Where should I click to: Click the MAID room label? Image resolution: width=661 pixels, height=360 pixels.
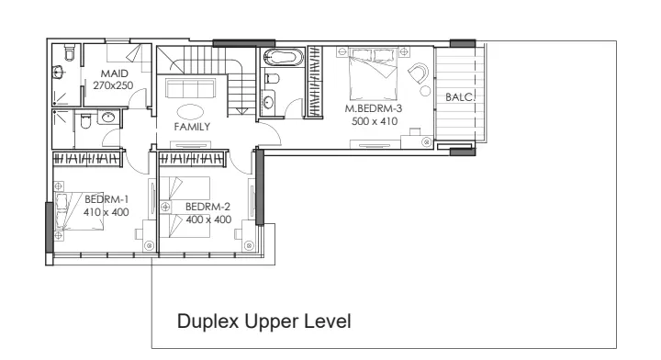point(114,73)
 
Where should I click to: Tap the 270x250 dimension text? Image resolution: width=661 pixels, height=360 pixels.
point(113,85)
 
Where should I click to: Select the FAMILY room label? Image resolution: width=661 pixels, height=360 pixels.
point(192,127)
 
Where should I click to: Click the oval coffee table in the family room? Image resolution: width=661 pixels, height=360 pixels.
point(190,112)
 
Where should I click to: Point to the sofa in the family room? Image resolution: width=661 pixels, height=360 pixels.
point(190,88)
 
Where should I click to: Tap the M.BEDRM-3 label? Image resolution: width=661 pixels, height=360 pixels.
point(374,108)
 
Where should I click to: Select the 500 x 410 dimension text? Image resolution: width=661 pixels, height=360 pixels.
point(375,121)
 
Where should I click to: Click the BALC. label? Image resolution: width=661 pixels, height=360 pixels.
point(460,97)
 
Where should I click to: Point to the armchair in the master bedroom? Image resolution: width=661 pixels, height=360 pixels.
point(419,73)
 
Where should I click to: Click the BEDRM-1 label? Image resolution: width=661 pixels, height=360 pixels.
point(106,199)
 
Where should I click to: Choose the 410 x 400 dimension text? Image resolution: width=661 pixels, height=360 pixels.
point(106,212)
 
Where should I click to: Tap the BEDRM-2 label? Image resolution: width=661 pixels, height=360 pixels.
point(207,207)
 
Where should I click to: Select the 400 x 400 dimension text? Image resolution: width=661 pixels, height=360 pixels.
point(208,219)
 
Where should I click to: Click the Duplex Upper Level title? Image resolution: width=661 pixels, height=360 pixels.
point(263,321)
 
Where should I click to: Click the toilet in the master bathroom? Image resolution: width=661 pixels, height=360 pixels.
point(272,78)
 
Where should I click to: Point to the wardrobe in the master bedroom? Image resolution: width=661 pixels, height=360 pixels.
point(315,82)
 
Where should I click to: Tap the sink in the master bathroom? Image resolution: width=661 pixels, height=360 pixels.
point(268,103)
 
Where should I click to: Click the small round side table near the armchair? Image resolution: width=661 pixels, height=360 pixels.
point(425,91)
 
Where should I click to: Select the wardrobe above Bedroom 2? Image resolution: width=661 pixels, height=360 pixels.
point(191,159)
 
